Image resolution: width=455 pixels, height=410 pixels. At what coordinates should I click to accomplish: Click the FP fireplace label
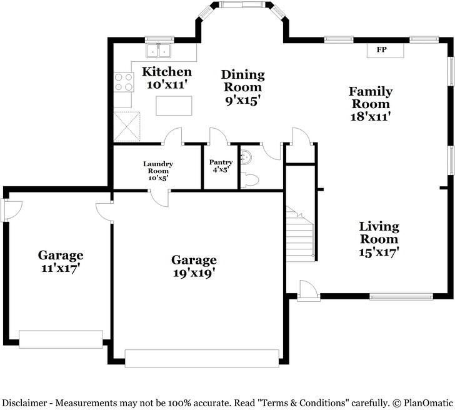coord(382,49)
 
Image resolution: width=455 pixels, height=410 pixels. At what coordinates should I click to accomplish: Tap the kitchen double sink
coord(158,51)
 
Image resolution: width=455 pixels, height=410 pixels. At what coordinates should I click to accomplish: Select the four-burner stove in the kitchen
coord(124,82)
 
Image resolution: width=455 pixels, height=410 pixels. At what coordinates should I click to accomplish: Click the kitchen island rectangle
coord(174,106)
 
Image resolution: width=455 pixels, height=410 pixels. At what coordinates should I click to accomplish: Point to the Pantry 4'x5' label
coord(221,166)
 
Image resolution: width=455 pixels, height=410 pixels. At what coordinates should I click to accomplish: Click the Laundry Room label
coord(158,167)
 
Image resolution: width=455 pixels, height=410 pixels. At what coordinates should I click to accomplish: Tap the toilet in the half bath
coord(249,180)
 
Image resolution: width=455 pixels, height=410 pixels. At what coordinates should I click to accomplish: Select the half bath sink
coord(246,157)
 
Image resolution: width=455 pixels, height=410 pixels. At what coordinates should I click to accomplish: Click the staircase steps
coord(300,234)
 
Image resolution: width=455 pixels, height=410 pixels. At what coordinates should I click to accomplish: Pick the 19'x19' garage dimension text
coord(194,273)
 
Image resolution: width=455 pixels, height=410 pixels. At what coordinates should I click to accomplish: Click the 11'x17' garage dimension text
coord(61,268)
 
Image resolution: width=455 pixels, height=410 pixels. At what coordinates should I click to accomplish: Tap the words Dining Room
coord(243,81)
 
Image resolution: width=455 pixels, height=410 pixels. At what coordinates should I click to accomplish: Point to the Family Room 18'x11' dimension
coord(370,117)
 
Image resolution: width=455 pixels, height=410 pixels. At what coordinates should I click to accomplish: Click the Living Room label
coord(379,232)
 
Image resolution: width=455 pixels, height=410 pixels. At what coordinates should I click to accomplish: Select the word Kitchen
coord(167,72)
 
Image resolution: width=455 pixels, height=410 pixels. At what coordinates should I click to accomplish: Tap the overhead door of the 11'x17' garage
coord(61,339)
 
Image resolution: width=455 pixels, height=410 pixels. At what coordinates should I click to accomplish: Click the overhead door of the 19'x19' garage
coord(202,358)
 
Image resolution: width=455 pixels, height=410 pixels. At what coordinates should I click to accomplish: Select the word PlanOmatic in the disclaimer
coord(428,403)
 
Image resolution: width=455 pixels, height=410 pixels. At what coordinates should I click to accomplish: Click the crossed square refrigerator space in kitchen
coord(127,126)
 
